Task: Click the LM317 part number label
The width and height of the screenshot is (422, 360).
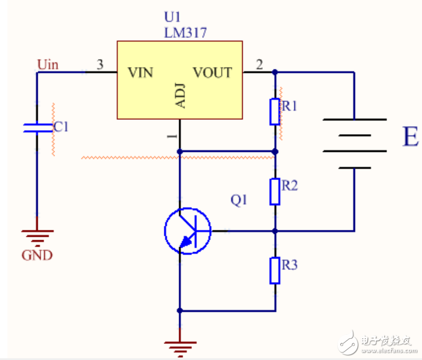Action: (x=185, y=33)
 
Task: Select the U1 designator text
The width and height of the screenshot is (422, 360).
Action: (x=172, y=18)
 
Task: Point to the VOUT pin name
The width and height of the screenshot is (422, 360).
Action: (x=212, y=73)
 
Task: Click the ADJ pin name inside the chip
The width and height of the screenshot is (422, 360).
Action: (x=180, y=95)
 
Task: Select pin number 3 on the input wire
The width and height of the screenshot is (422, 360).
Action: (x=100, y=65)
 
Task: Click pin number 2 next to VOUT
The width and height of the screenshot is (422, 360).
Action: (x=259, y=65)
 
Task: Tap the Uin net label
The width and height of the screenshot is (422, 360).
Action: (x=48, y=64)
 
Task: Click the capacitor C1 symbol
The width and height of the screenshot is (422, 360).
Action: (x=37, y=127)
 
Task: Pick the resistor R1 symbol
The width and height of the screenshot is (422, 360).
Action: (x=275, y=111)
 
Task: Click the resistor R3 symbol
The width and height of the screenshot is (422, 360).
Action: (x=275, y=271)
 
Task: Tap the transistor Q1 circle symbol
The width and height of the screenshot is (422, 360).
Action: (x=187, y=231)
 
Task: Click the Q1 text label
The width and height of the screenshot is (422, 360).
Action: (x=238, y=200)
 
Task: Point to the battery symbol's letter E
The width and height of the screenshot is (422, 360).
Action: (x=410, y=138)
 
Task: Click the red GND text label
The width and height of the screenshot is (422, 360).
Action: (x=37, y=255)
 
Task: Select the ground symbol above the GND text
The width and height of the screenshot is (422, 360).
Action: (x=37, y=235)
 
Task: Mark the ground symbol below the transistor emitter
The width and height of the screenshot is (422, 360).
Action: (x=180, y=345)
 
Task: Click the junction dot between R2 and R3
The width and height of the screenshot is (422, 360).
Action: (x=275, y=231)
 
